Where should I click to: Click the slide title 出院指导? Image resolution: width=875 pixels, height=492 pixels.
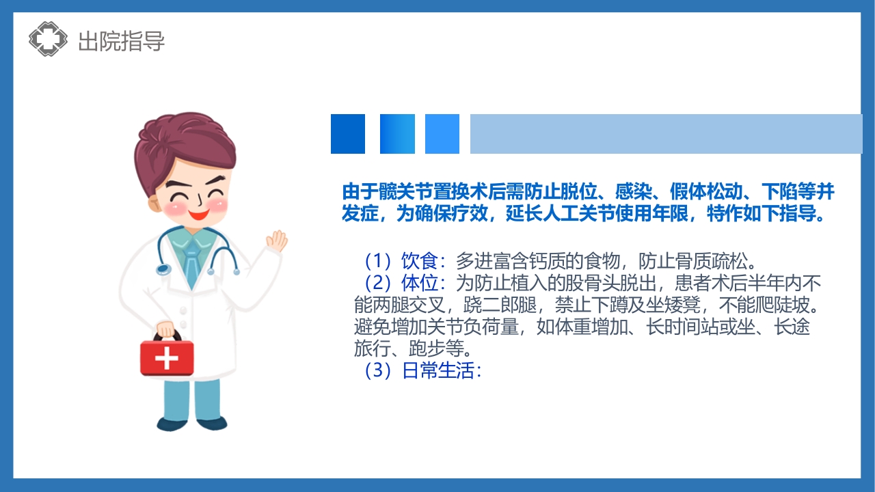tap(122, 41)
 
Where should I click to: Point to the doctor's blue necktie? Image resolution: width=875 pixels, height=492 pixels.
tap(193, 257)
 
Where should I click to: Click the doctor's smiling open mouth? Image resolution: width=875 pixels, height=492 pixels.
tap(200, 213)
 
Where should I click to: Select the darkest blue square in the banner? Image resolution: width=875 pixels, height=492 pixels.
tap(348, 134)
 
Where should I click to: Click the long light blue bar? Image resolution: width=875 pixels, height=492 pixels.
tap(666, 134)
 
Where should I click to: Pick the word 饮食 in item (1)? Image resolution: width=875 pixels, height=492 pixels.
tap(418, 261)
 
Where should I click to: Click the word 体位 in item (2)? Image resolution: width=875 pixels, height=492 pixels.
tap(418, 283)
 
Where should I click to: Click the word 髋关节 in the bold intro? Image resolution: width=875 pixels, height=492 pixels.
tap(398, 191)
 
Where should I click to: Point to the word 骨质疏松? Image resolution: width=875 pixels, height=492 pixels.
tap(718, 261)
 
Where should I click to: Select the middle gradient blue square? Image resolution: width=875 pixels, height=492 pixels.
tap(397, 134)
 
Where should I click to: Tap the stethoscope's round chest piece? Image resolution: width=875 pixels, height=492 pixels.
tap(163, 269)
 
